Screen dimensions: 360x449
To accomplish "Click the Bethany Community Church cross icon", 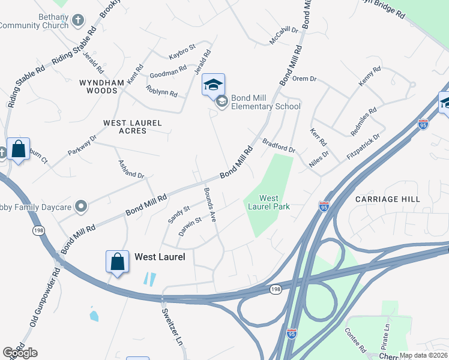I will pyautogui.click(x=77, y=21).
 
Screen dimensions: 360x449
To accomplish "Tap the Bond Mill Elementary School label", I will pyautogui.click(x=265, y=102).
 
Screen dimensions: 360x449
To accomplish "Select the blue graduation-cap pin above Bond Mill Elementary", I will pyautogui.click(x=213, y=85).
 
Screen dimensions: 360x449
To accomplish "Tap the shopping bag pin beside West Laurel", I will pyautogui.click(x=117, y=262).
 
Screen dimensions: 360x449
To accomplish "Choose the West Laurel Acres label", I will pyautogui.click(x=133, y=127).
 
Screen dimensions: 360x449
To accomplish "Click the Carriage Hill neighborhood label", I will pyautogui.click(x=387, y=199).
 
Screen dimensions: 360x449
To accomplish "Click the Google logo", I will pyautogui.click(x=20, y=353).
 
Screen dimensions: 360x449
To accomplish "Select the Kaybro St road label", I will pyautogui.click(x=182, y=47).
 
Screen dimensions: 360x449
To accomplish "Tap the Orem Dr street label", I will pyautogui.click(x=304, y=79).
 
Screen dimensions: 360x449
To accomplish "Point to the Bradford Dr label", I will pyautogui.click(x=279, y=145).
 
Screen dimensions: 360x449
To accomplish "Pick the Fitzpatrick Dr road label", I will pyautogui.click(x=363, y=146).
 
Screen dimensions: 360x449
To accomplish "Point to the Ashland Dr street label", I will pyautogui.click(x=131, y=167).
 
